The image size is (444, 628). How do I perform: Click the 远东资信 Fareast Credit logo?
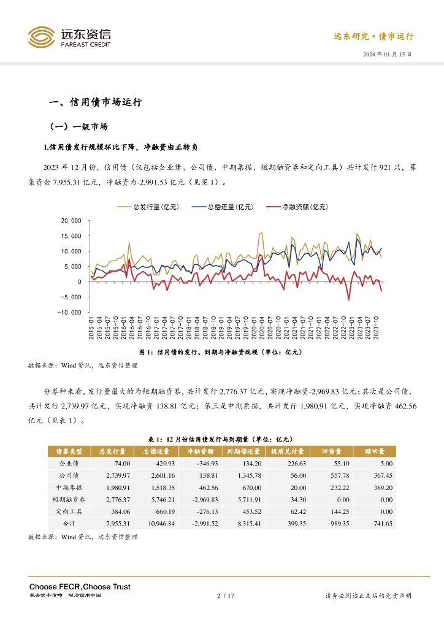click(69, 37)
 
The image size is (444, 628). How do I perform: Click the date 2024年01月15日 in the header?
click(387, 55)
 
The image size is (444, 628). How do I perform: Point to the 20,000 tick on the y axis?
click(72, 221)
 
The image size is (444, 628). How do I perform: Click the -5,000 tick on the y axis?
click(72, 297)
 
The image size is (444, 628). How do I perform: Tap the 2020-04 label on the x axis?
click(260, 329)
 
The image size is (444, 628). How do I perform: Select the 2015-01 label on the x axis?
click(91, 329)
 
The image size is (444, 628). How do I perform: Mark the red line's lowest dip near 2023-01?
click(349, 300)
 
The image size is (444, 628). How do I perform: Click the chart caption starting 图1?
click(221, 352)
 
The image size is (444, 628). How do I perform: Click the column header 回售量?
click(335, 451)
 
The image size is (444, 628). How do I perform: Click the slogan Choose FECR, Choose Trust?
click(80, 587)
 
